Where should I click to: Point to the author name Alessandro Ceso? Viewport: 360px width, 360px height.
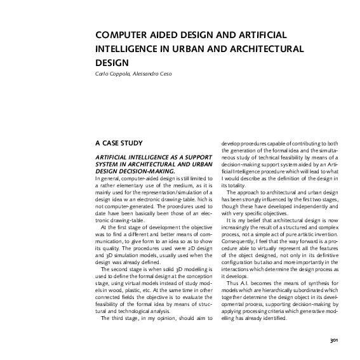coord(156,74)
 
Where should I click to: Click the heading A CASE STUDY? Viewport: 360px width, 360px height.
coord(117,143)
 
